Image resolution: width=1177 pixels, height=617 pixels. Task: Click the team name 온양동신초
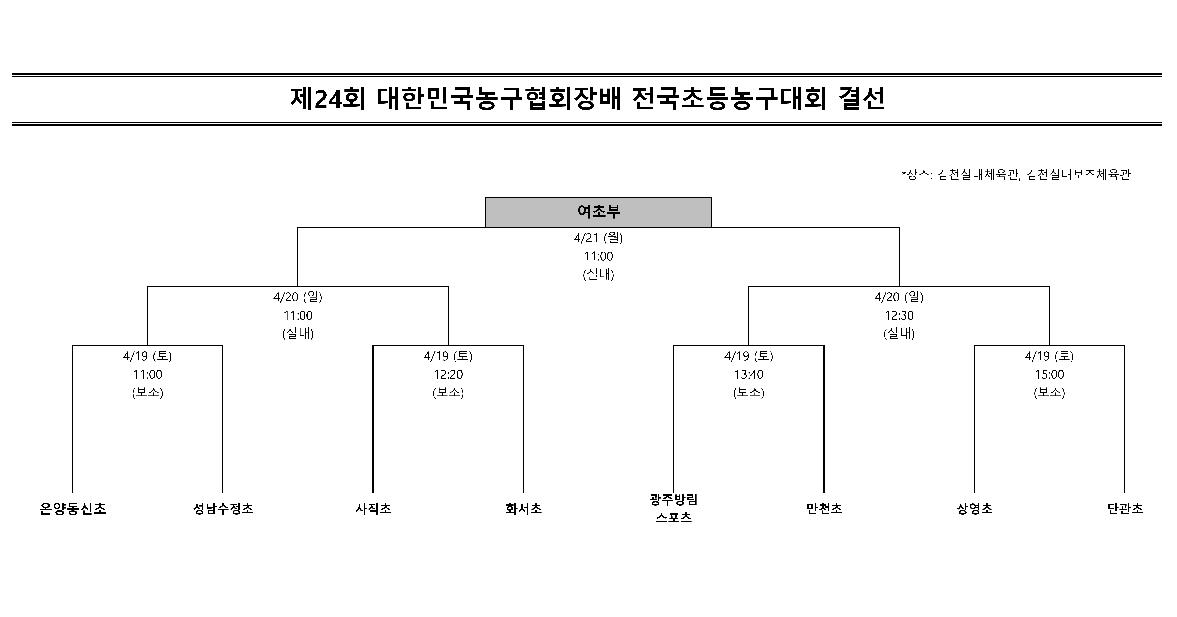click(73, 509)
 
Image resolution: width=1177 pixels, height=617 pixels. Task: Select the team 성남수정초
click(223, 509)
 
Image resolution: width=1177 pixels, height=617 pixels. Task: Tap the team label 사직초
click(373, 509)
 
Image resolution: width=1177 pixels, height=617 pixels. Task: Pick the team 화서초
click(524, 509)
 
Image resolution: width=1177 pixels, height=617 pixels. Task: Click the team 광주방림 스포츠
click(674, 509)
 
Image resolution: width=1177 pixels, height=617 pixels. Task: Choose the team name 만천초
click(824, 509)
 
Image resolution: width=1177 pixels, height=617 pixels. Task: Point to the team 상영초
click(975, 509)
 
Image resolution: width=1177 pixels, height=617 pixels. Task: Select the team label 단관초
click(1125, 509)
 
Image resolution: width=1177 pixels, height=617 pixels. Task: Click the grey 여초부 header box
click(598, 212)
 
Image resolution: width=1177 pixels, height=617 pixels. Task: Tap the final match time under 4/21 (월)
click(599, 256)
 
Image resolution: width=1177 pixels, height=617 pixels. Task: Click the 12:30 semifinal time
click(899, 315)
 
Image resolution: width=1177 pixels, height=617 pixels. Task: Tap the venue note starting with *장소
click(1016, 175)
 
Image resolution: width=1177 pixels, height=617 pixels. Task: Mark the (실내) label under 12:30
click(899, 334)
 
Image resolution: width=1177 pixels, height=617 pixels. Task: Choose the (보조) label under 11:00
click(148, 393)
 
